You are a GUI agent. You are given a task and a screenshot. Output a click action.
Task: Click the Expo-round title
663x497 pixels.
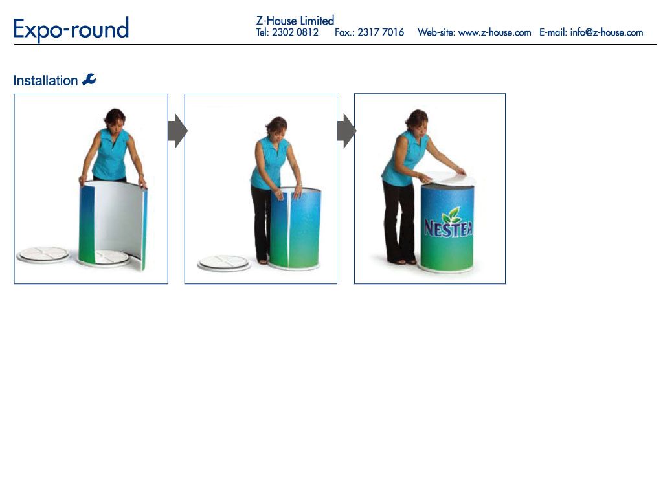click(71, 29)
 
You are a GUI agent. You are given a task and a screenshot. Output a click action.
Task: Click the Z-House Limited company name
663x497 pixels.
click(295, 20)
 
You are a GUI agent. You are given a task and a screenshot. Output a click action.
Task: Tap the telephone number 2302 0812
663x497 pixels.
click(295, 32)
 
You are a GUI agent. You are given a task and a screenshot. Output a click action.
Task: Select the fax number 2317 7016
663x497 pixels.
click(381, 32)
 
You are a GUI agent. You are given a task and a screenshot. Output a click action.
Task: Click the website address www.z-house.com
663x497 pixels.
click(495, 32)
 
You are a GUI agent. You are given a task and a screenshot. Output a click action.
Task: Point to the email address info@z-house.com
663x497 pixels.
click(606, 32)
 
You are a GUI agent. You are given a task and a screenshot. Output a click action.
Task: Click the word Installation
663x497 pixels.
click(45, 80)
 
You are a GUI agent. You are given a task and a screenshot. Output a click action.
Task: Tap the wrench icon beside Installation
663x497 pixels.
click(89, 80)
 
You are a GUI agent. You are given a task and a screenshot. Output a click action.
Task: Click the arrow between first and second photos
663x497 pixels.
click(177, 131)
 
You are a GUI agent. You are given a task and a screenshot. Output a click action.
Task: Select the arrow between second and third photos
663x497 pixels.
click(347, 131)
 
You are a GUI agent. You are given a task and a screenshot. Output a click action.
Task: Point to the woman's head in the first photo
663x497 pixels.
click(115, 119)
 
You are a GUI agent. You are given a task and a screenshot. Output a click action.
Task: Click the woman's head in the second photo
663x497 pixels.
click(276, 127)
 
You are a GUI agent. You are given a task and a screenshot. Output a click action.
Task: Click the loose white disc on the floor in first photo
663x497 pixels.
click(43, 254)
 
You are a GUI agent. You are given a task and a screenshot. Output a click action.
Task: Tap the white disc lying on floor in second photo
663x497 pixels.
click(224, 263)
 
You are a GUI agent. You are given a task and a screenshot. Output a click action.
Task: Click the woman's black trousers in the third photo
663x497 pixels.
click(398, 221)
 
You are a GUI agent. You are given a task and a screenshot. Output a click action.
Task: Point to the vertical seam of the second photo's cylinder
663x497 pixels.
click(289, 229)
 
